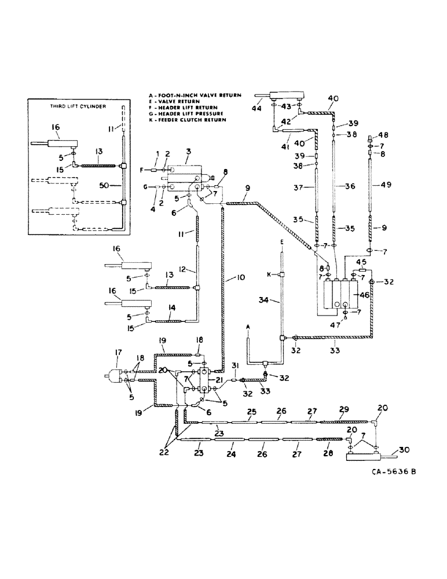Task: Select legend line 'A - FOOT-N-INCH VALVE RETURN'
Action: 202,95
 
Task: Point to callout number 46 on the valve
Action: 364,295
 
